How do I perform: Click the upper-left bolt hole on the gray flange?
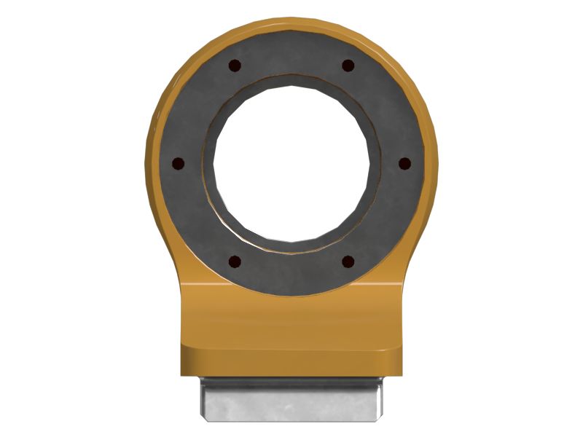(233, 66)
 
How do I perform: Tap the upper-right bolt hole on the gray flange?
(348, 66)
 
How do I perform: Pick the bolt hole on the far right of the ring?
(405, 162)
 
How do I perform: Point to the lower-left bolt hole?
(234, 261)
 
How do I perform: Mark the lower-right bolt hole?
(348, 261)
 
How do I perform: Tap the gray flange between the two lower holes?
(291, 273)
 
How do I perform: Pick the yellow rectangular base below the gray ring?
(291, 335)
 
